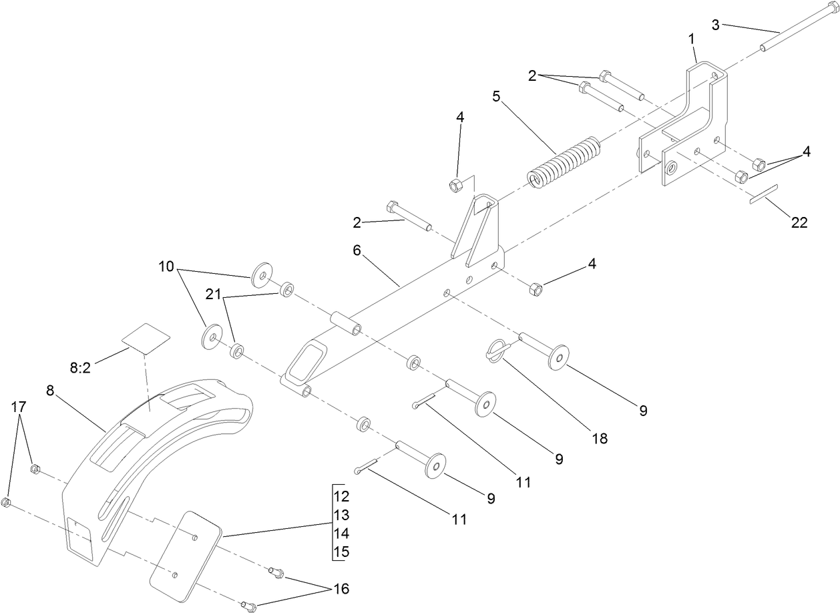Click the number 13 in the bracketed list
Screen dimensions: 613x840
pyautogui.click(x=342, y=516)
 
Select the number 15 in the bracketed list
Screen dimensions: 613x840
pyautogui.click(x=342, y=552)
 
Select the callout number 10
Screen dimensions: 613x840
pyautogui.click(x=166, y=268)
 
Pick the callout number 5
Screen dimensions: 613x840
pyautogui.click(x=496, y=95)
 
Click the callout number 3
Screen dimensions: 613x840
pyautogui.click(x=716, y=25)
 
